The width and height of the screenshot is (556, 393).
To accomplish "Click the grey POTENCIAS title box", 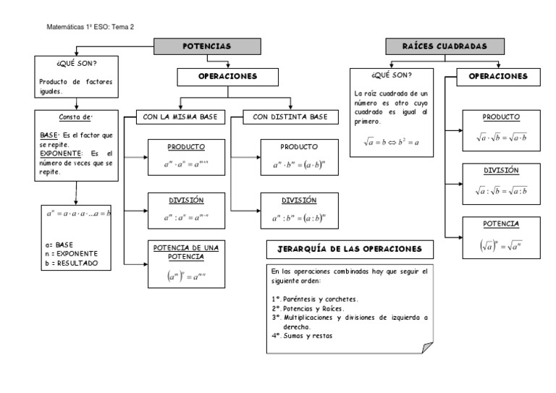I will click(x=207, y=46).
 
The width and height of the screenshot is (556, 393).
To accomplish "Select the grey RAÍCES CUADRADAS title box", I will click(x=445, y=46).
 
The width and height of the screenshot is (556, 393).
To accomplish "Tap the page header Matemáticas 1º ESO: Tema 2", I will click(x=90, y=27).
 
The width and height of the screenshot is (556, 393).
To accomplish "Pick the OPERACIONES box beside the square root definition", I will click(x=497, y=76).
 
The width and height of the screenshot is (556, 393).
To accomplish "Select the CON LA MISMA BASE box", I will click(x=181, y=117).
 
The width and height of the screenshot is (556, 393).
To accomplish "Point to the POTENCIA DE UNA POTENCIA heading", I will click(x=186, y=252).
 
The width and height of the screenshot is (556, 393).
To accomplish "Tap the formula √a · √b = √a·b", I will click(x=501, y=135).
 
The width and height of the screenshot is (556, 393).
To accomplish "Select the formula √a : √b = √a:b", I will click(x=501, y=190).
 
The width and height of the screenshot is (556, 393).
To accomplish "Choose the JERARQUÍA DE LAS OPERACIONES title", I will click(x=350, y=249).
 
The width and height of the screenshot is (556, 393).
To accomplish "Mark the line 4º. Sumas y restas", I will click(x=303, y=335).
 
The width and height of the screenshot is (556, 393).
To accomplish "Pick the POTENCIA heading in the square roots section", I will click(x=501, y=224).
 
